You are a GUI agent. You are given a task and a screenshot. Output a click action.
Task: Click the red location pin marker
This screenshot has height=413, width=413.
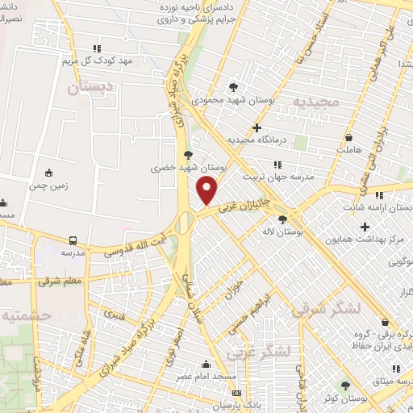click(x=207, y=190)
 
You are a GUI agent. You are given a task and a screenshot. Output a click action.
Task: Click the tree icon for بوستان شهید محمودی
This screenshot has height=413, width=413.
click(x=234, y=86)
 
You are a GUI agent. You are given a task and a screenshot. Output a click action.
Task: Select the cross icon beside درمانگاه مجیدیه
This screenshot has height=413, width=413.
click(x=257, y=127)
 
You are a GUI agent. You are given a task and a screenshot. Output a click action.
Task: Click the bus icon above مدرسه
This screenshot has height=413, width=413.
click(x=73, y=240)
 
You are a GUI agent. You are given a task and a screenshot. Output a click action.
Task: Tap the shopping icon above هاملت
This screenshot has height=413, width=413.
click(x=348, y=137)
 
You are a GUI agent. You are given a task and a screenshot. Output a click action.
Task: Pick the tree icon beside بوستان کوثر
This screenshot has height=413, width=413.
click(x=345, y=386)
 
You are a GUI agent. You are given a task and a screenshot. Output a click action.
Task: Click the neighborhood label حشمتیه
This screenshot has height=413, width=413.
click(x=27, y=315)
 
